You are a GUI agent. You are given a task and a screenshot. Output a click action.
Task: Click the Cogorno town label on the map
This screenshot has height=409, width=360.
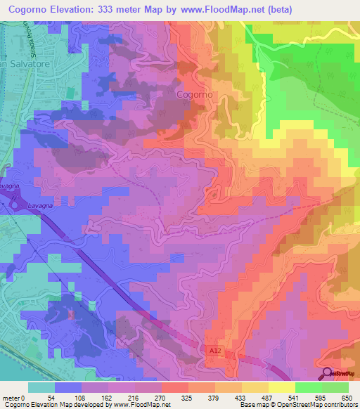click(194, 94)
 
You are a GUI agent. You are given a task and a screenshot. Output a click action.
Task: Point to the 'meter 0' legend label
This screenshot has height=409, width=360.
click(15, 397)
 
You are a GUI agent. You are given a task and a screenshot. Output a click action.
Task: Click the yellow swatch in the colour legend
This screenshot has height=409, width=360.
click(281, 387)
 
